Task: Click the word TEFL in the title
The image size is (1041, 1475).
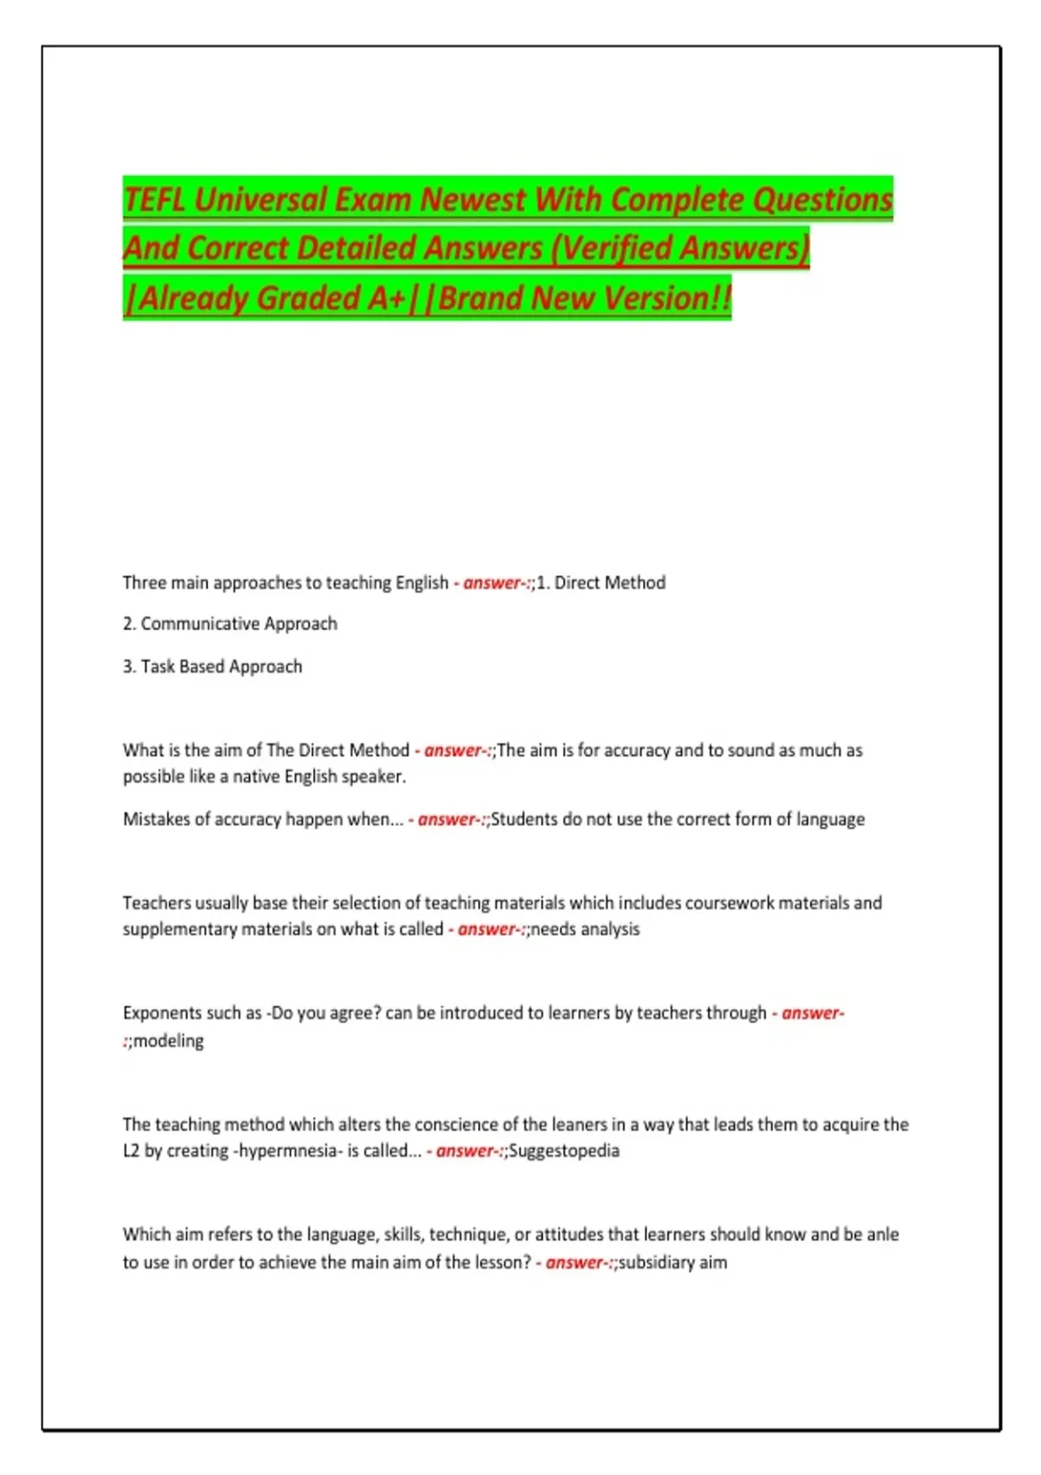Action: (154, 200)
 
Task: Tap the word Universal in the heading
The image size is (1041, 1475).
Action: (260, 200)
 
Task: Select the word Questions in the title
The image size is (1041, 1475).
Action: (822, 200)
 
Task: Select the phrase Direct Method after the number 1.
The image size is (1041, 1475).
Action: (610, 583)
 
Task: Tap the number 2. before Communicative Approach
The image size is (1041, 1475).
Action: (129, 624)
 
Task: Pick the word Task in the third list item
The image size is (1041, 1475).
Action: (158, 666)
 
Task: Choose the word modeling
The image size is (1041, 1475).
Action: (168, 1041)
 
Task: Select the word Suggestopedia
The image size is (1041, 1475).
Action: (564, 1151)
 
